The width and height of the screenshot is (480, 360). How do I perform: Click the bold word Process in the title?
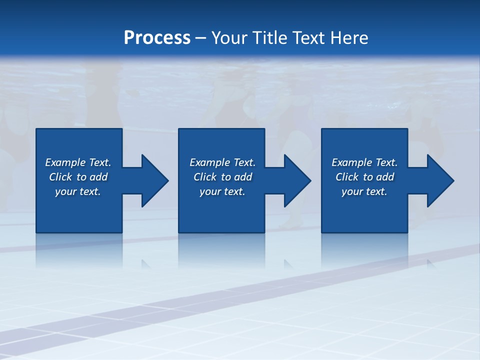[157, 38]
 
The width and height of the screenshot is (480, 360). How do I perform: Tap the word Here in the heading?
[348, 38]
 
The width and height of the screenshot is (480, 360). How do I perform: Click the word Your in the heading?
[229, 38]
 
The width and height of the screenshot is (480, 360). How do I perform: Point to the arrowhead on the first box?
[152, 180]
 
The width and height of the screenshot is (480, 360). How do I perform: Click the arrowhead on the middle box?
[295, 180]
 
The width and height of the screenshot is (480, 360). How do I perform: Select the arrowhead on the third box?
[438, 180]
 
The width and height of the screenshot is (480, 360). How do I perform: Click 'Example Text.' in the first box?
[78, 162]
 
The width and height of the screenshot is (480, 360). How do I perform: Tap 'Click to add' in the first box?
[78, 177]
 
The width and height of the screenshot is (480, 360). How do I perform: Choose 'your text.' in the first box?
[78, 191]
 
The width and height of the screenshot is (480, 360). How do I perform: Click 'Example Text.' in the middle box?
[222, 162]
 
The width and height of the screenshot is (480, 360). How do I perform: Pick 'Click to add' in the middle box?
[222, 177]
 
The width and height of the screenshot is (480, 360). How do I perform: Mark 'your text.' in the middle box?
[222, 191]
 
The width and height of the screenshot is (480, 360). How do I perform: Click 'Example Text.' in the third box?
[364, 162]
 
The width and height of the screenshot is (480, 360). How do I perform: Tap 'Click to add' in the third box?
[364, 177]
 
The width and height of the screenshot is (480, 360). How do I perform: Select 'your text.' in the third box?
[364, 191]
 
